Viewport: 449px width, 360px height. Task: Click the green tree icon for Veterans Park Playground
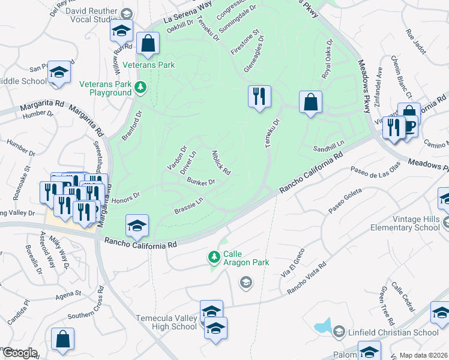[x=140, y=89]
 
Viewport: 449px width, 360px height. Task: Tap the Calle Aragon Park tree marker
[x=213, y=257]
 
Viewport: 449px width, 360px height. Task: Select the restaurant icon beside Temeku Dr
[x=259, y=96]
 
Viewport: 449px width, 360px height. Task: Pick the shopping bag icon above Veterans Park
[x=147, y=43]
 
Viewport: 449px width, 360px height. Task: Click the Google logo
[x=19, y=353]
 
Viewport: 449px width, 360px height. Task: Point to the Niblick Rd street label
[x=221, y=162]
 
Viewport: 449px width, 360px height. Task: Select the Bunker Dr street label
[x=200, y=181]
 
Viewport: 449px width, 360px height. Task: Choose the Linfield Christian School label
[x=393, y=332]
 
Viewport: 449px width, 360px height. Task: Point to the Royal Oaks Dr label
[x=327, y=61]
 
